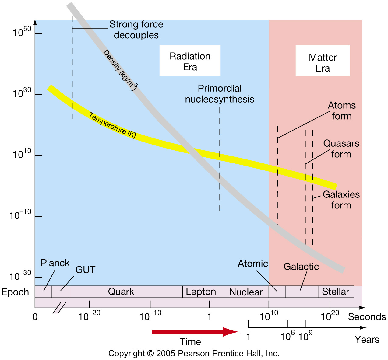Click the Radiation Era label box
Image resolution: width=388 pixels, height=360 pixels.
190,61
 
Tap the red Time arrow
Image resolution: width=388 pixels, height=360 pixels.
195,332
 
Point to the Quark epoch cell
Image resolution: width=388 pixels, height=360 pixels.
121,292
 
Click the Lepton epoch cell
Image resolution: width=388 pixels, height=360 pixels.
200,292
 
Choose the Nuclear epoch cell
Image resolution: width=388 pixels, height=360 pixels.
245,292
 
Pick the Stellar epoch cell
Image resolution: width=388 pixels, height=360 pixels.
335,292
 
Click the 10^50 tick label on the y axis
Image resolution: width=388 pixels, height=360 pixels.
22,32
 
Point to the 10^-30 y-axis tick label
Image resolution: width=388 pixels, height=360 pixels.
21,276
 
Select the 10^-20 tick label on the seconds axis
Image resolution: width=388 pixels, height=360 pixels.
89,316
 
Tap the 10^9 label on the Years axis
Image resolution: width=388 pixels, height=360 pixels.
305,336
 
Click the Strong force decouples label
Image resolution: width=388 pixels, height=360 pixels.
136,30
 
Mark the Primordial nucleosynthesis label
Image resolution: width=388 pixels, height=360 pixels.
220,94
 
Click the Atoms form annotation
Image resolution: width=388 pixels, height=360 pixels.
341,111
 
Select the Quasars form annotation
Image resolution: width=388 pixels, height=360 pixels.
341,149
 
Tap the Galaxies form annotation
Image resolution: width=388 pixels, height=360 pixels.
341,200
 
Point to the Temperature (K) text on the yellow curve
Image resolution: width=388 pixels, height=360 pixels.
112,125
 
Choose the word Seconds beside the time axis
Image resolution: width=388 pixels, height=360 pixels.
367,317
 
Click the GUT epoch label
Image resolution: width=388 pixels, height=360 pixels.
85,270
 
